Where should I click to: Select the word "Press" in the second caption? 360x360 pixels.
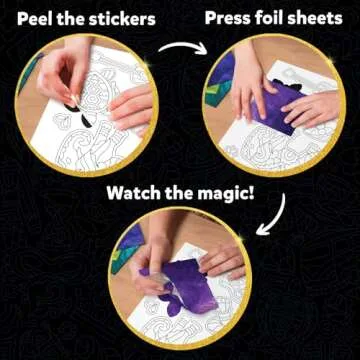click(x=228, y=18)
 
